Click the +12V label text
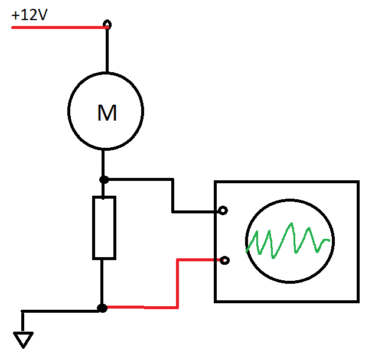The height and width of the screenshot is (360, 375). click(x=30, y=15)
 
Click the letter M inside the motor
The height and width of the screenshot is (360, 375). click(x=107, y=113)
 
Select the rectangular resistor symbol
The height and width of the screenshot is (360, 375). click(x=105, y=228)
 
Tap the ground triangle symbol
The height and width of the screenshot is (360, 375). click(x=23, y=340)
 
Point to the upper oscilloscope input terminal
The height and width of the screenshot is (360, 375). click(x=223, y=210)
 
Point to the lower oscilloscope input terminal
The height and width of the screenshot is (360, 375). click(x=224, y=260)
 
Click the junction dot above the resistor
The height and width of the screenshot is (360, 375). click(x=104, y=180)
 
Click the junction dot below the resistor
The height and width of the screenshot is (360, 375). click(x=102, y=308)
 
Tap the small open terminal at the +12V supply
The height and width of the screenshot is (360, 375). click(x=107, y=24)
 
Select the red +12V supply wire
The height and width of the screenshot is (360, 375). click(x=60, y=28)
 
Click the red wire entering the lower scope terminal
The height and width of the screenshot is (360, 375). click(x=177, y=284)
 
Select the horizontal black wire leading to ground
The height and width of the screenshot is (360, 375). click(x=60, y=311)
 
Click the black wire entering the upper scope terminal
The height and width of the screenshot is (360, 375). click(x=172, y=195)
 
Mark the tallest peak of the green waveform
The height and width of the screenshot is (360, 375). click(x=291, y=224)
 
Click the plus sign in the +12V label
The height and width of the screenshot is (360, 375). click(x=15, y=16)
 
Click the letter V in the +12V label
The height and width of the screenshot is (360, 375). click(x=42, y=15)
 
